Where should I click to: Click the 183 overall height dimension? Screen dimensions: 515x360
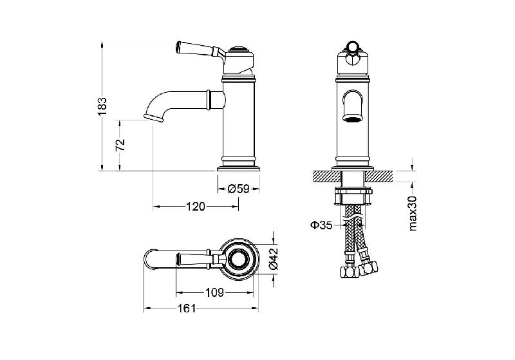[x=103, y=106]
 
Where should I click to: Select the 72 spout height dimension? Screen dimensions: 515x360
[x=120, y=145]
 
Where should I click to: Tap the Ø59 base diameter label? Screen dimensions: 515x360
[x=238, y=189]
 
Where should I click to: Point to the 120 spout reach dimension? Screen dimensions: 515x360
[x=196, y=207]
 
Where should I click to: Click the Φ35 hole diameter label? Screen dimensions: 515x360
[x=321, y=225]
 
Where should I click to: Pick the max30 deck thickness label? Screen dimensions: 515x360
[x=413, y=213]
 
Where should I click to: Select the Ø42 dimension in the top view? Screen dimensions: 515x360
[x=274, y=259]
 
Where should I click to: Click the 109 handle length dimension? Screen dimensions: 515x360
[x=214, y=292]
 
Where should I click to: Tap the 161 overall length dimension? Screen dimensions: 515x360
[x=187, y=308]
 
